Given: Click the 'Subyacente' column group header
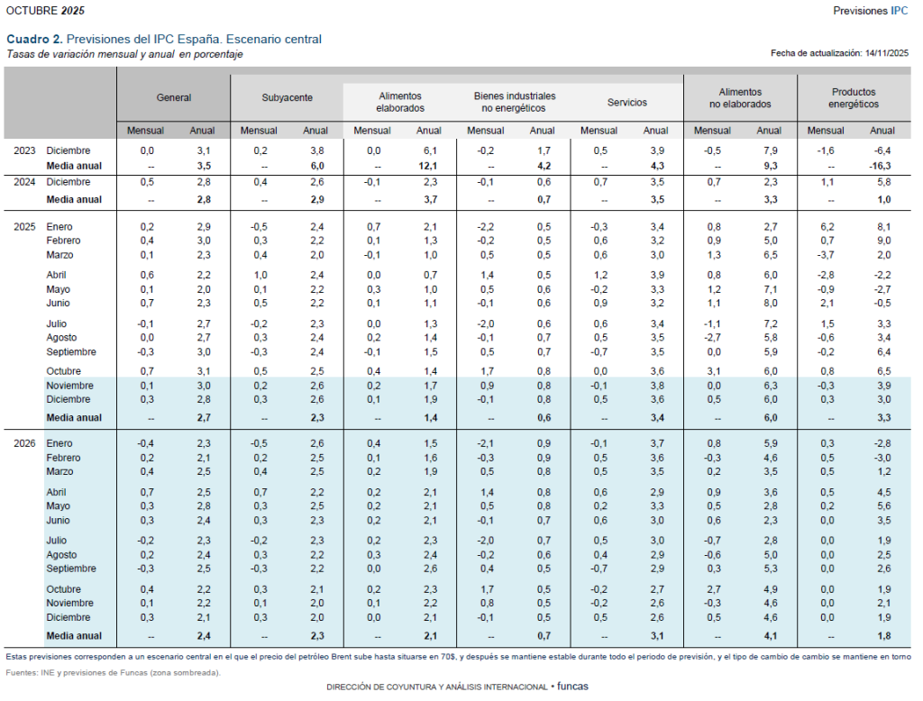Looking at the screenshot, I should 287,97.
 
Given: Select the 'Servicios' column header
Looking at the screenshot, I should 626,103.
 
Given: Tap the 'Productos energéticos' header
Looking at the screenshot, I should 853,97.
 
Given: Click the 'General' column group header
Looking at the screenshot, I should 174,97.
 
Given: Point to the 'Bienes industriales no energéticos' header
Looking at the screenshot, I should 514,102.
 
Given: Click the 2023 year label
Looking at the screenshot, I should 24,150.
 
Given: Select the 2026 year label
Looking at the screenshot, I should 24,443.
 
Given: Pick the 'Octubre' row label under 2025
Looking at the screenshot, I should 62,371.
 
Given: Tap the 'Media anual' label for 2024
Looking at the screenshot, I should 74,199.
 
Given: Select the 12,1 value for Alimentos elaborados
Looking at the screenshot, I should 427,167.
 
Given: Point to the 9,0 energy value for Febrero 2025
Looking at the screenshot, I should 882,241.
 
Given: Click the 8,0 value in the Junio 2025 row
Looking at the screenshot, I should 769,304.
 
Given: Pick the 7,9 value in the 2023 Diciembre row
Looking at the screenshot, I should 769,150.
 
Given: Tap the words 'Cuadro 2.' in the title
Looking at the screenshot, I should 35,40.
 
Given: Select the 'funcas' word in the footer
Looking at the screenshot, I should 572,687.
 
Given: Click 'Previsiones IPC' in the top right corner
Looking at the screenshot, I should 870,10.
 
